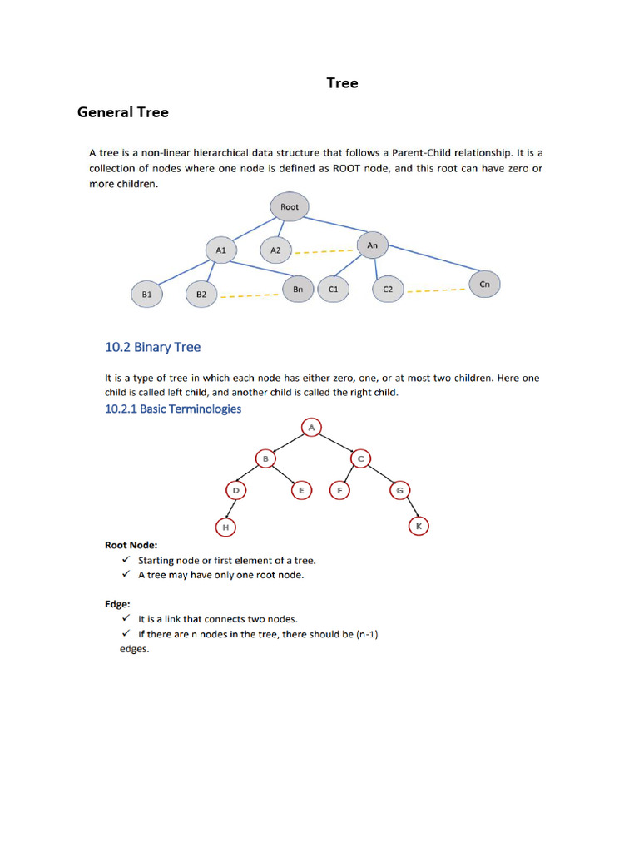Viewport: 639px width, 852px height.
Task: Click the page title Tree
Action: [342, 83]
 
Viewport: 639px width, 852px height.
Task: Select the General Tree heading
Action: [122, 111]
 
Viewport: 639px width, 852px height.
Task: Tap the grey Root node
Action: [289, 207]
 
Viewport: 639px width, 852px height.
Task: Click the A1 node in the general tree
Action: [220, 250]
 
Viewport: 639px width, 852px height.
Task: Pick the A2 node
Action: [276, 250]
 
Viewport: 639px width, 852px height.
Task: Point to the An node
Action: [372, 245]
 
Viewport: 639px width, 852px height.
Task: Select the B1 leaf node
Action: [146, 294]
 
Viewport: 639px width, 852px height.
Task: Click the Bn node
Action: [298, 289]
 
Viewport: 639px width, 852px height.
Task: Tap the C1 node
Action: [333, 289]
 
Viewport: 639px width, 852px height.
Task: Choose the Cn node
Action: [484, 284]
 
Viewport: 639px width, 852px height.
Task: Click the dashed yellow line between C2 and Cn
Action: [436, 290]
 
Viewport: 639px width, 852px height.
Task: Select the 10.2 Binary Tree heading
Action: [152, 347]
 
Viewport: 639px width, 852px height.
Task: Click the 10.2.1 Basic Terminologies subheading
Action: [173, 409]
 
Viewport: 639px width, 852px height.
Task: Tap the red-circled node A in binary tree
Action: [311, 428]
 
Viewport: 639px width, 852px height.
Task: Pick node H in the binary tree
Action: [224, 527]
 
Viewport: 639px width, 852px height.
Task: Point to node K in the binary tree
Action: [419, 527]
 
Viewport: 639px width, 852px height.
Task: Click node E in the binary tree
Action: [300, 491]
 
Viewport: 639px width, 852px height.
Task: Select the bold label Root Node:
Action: [131, 546]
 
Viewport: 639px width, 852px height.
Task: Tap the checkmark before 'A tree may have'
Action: [126, 575]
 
